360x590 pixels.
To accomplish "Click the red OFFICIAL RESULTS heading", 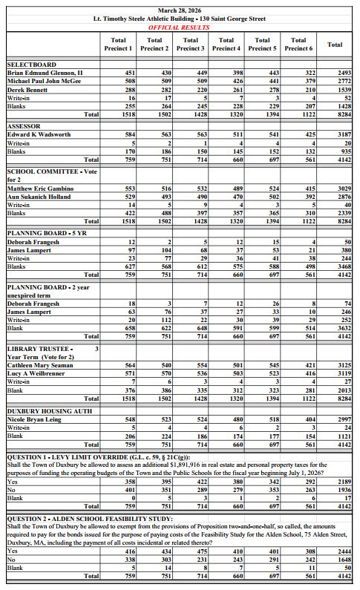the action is tap(179, 27).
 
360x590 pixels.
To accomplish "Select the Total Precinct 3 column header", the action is tap(190, 44).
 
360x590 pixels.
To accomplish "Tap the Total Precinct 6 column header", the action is tap(298, 44).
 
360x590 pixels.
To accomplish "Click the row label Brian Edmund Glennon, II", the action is tap(45, 73).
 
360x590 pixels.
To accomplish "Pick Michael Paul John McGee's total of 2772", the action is tap(344, 81).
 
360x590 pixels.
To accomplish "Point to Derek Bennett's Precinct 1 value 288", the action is tap(130, 90).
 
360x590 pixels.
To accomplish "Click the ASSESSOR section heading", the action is tap(24, 126).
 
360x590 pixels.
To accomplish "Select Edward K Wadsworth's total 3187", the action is tap(344, 134).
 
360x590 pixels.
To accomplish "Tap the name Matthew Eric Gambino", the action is tap(40, 189).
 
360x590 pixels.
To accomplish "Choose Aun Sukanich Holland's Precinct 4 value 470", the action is tap(238, 197).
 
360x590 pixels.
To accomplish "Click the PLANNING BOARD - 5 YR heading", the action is tap(47, 233).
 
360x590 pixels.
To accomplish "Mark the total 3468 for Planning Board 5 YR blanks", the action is tap(344, 266).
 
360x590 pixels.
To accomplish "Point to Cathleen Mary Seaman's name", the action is tap(40, 365).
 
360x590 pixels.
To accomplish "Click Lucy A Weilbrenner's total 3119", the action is tap(344, 373).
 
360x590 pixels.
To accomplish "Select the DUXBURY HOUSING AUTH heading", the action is tap(49, 411).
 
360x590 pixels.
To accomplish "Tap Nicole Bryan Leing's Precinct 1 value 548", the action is tap(130, 419).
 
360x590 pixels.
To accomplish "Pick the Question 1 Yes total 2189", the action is tap(344, 482).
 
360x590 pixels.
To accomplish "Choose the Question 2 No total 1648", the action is tap(344, 560).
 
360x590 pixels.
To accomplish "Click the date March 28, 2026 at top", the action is tap(180, 10).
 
